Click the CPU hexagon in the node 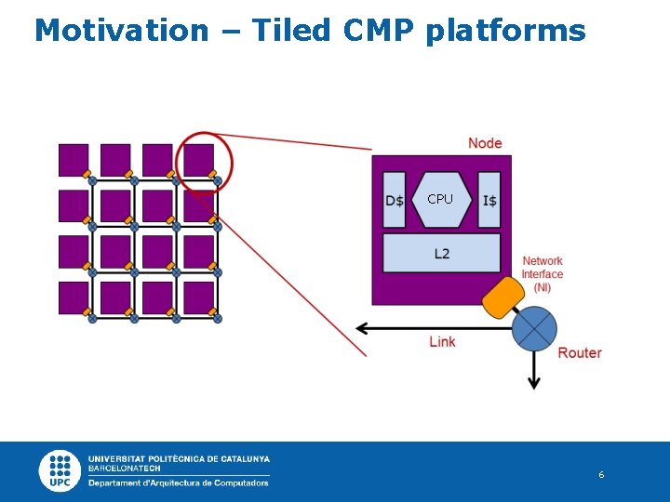(x=440, y=200)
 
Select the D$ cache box (x=395, y=200)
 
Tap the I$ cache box (x=489, y=200)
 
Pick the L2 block (x=441, y=253)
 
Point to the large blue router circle (x=534, y=328)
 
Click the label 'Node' (x=485, y=143)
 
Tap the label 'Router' (x=580, y=353)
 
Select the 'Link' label (x=442, y=342)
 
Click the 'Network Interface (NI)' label (x=543, y=274)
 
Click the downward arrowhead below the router (x=534, y=383)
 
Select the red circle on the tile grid (x=204, y=164)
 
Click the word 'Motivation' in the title (x=122, y=31)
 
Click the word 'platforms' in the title (x=505, y=31)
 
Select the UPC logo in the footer (x=60, y=470)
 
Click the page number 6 (x=601, y=475)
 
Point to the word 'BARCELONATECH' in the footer (x=124, y=469)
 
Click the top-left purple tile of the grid (x=74, y=159)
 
